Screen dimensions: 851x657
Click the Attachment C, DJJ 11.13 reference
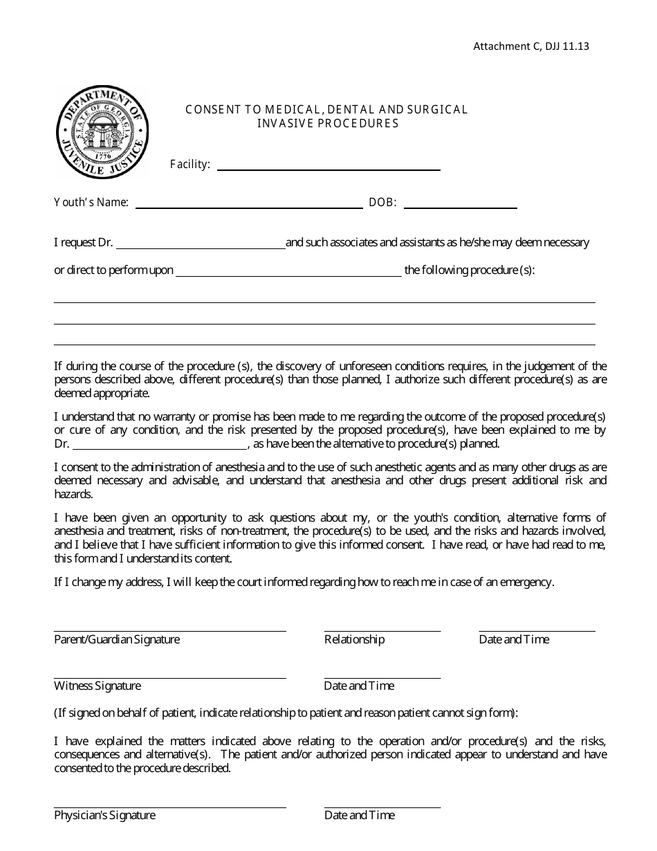pos(531,46)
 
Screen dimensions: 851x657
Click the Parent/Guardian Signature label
pos(117,639)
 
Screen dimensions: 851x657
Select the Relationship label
pos(354,639)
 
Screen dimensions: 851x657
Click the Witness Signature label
pos(98,686)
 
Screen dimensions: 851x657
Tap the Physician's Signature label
pos(104,815)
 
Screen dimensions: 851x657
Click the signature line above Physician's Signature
pos(169,807)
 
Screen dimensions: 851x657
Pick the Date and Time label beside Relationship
pos(514,639)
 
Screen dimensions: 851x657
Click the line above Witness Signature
pos(169,677)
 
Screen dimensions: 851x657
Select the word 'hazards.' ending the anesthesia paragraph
pos(73,495)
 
